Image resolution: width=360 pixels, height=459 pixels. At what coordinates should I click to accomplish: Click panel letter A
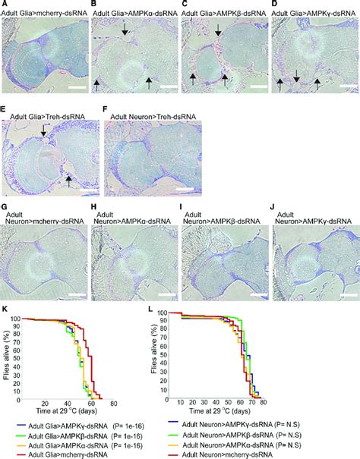pyautogui.click(x=5, y=5)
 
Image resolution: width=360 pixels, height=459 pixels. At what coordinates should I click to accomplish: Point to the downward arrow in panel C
pyautogui.click(x=219, y=31)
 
